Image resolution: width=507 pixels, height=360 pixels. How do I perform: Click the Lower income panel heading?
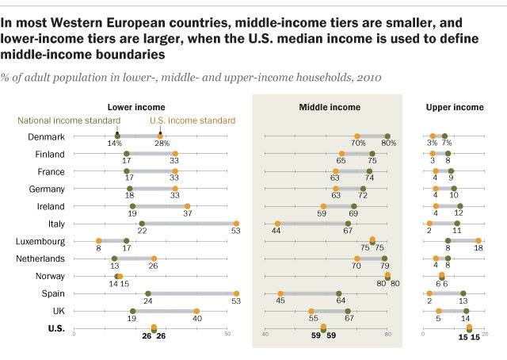click(x=136, y=107)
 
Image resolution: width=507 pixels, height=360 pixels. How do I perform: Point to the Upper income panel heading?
click(x=454, y=107)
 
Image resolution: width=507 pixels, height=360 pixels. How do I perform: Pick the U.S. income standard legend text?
click(x=193, y=121)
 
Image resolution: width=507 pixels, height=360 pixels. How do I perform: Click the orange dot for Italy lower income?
click(x=236, y=224)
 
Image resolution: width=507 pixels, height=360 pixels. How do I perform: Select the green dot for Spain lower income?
click(x=148, y=293)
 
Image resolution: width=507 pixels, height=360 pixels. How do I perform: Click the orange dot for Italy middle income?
click(x=277, y=224)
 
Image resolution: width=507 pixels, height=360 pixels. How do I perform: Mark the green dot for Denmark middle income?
click(x=387, y=136)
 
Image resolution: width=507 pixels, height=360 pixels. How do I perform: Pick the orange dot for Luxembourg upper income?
click(x=478, y=241)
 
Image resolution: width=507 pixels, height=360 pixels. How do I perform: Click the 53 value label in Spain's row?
click(x=236, y=302)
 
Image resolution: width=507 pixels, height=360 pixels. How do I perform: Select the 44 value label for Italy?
click(x=277, y=232)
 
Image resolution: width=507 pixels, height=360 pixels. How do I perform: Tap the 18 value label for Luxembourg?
click(x=478, y=250)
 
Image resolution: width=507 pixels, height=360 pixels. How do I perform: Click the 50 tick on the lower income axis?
click(x=227, y=335)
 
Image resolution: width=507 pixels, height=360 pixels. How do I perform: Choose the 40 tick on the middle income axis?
click(x=265, y=335)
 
